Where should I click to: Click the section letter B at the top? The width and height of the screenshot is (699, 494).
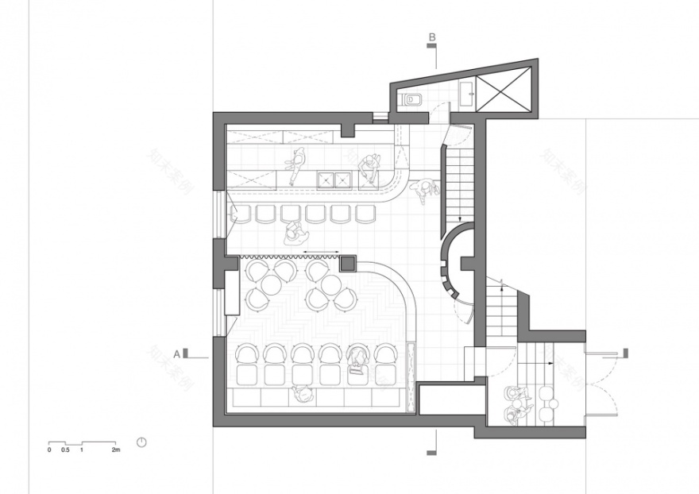(432, 37)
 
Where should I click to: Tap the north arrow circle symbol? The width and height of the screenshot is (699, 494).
(141, 442)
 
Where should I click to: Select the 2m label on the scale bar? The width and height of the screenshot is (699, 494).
(116, 451)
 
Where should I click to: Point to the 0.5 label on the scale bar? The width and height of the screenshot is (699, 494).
(65, 451)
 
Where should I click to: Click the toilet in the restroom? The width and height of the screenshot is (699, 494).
(411, 100)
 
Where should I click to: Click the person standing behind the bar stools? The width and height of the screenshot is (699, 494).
(293, 233)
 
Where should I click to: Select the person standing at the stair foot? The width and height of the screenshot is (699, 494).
(429, 189)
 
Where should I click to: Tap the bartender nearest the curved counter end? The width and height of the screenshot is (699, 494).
(370, 164)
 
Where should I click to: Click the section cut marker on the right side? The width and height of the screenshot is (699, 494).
(626, 352)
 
